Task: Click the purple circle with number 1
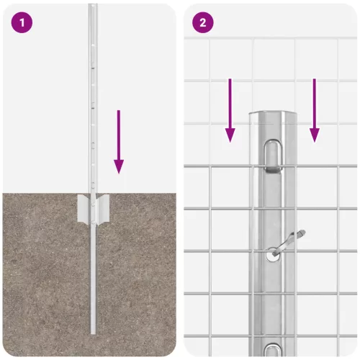22,22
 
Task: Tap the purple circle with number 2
202,22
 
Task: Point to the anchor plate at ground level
93,208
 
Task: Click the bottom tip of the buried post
93,332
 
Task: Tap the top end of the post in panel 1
93,7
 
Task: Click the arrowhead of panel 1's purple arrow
119,166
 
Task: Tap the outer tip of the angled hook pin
302,232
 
